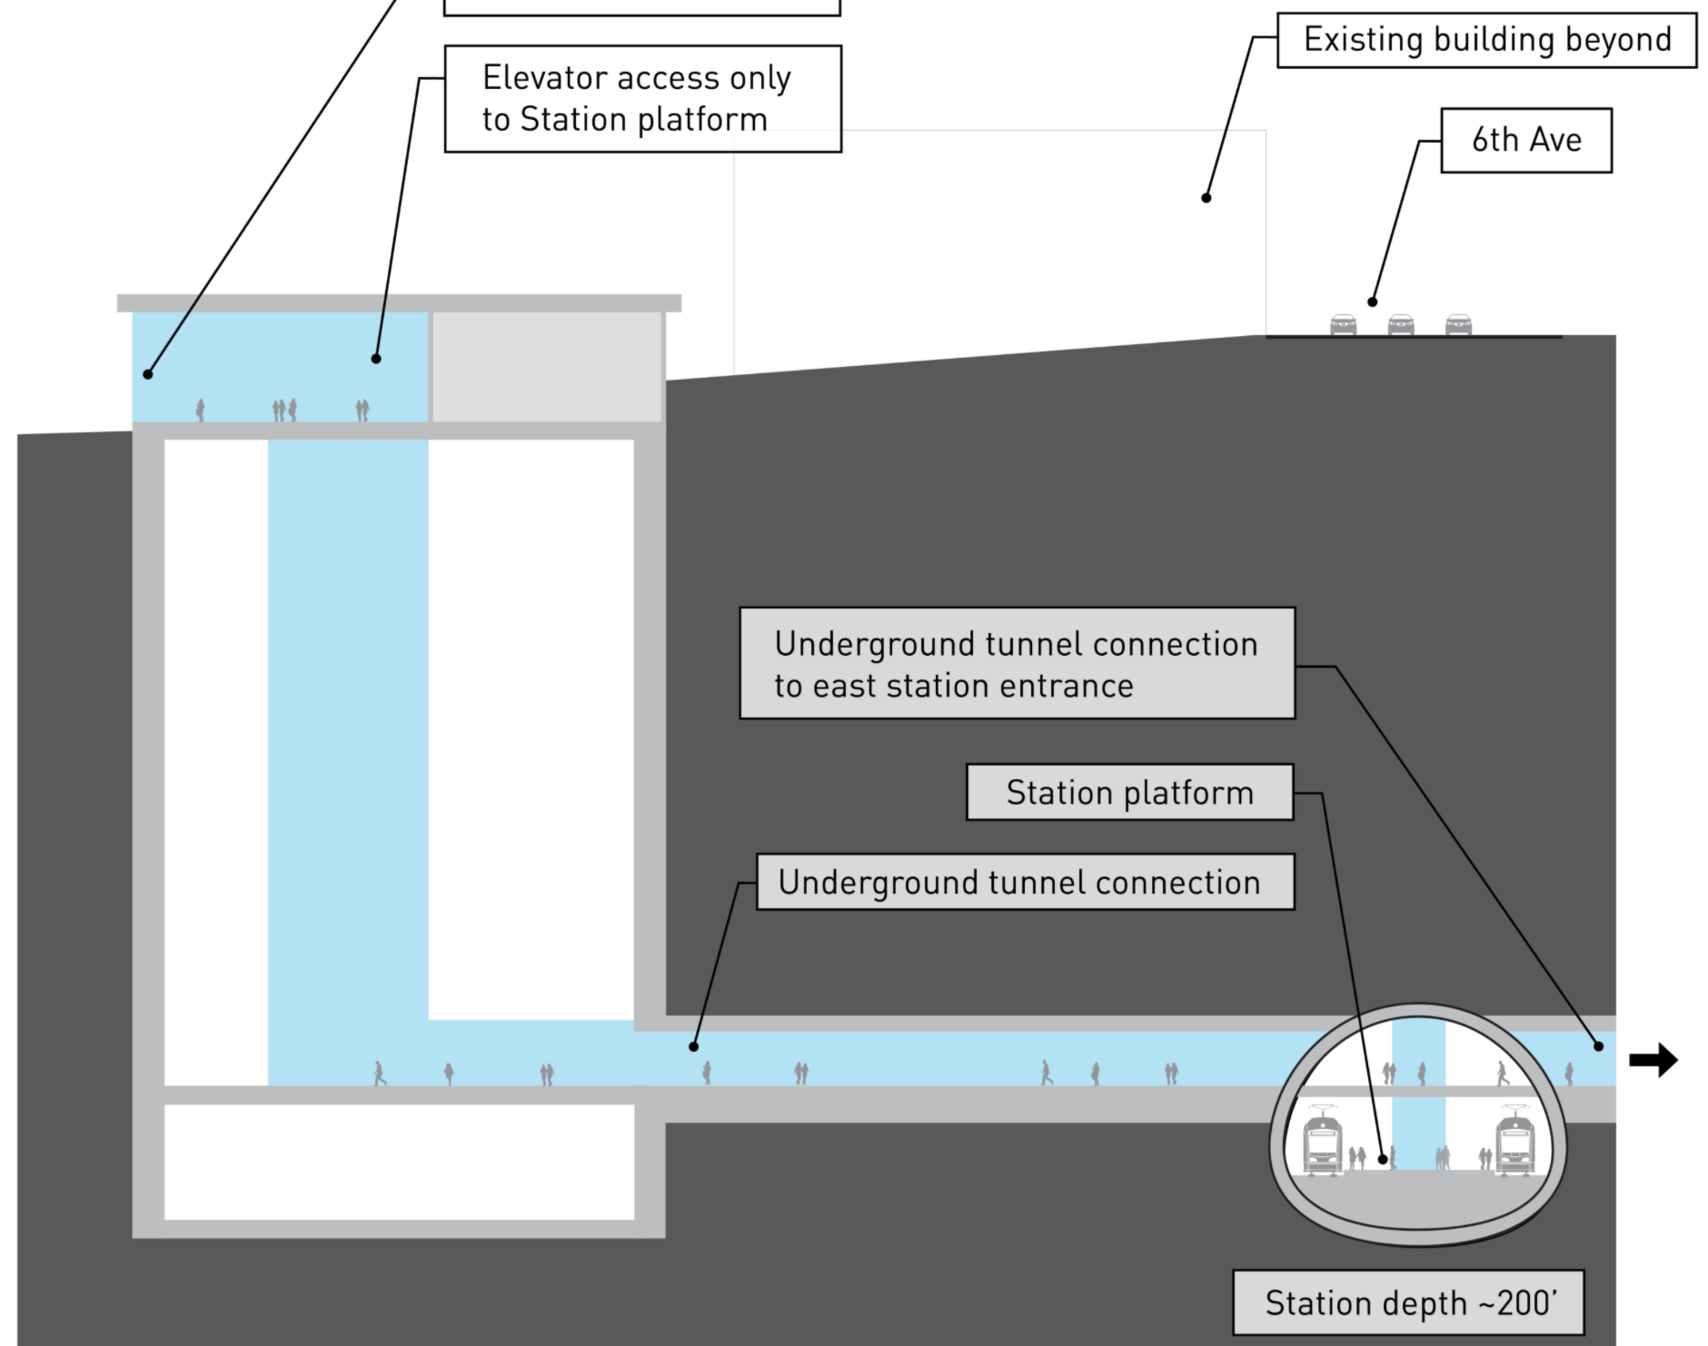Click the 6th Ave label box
1526,141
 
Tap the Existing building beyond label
1486,40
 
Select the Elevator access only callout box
642,99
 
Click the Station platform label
1129,793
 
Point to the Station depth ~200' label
1408,1303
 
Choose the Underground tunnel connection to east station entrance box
1017,664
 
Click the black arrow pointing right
1653,1060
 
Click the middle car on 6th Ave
1401,324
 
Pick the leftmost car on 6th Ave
1343,324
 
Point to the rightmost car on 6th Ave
1458,324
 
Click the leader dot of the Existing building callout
1207,198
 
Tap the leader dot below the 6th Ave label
1373,302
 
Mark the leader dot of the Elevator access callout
376,359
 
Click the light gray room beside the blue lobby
547,367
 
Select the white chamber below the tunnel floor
399,1162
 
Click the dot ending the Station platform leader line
1383,1159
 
